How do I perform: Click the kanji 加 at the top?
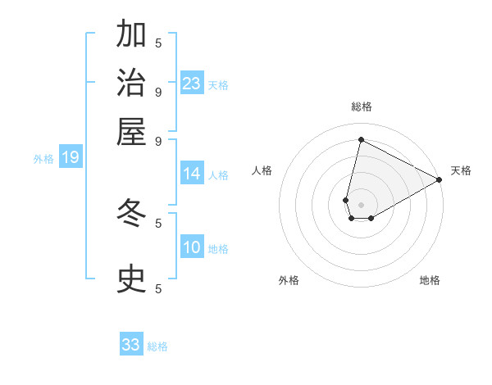[x=132, y=36]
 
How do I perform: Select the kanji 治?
[x=132, y=84]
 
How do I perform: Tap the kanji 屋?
[x=132, y=132]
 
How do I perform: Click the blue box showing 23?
[x=192, y=84]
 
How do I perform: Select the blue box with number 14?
[x=192, y=174]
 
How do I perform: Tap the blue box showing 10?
[x=192, y=248]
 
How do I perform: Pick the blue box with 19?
[x=71, y=158]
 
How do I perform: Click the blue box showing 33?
[x=131, y=345]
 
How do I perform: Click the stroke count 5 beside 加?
[x=158, y=43]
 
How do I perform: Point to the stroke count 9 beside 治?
[x=158, y=91]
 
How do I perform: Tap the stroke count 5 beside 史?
[x=158, y=288]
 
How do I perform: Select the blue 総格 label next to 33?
[x=157, y=346]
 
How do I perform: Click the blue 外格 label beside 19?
[x=43, y=159]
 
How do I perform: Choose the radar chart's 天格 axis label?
[x=461, y=170]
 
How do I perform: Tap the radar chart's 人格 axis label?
[x=262, y=170]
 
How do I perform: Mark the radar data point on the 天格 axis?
[x=440, y=179]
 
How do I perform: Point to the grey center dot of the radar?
[x=361, y=205]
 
